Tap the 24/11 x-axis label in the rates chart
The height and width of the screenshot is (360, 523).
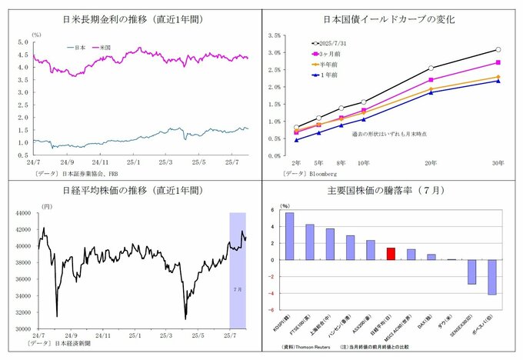[100, 162]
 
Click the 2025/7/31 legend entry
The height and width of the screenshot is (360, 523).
[332, 44]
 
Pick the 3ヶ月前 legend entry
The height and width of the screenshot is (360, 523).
[329, 55]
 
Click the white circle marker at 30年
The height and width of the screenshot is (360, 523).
[498, 50]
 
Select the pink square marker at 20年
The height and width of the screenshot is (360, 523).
[431, 80]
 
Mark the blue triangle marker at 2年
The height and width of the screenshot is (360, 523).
[296, 140]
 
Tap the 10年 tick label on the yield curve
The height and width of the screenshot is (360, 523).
[363, 163]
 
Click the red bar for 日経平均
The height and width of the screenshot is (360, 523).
[391, 254]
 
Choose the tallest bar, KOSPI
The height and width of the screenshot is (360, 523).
[289, 236]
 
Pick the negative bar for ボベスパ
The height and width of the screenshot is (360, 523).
[491, 277]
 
